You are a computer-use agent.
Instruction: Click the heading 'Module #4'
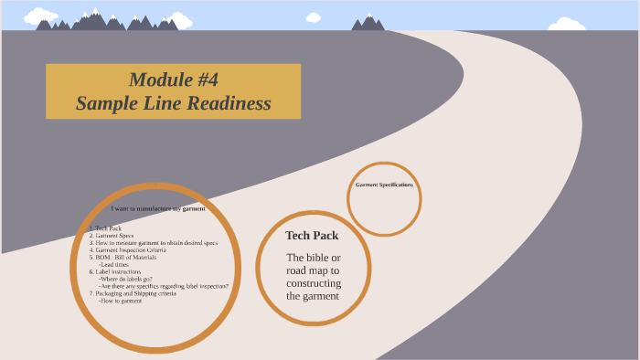click(x=173, y=79)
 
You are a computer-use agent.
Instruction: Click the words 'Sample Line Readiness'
click(x=173, y=103)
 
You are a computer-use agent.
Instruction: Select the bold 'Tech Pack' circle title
click(x=312, y=236)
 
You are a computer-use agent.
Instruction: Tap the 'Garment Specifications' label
click(x=384, y=185)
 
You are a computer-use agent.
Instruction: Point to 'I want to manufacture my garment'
click(x=158, y=208)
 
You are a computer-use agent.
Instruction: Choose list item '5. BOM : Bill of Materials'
click(x=123, y=258)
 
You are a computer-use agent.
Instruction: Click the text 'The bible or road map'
click(x=313, y=264)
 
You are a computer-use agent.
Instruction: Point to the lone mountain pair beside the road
click(x=368, y=22)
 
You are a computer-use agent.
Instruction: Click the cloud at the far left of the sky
click(x=41, y=16)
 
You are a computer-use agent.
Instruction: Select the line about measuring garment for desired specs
click(x=153, y=243)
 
